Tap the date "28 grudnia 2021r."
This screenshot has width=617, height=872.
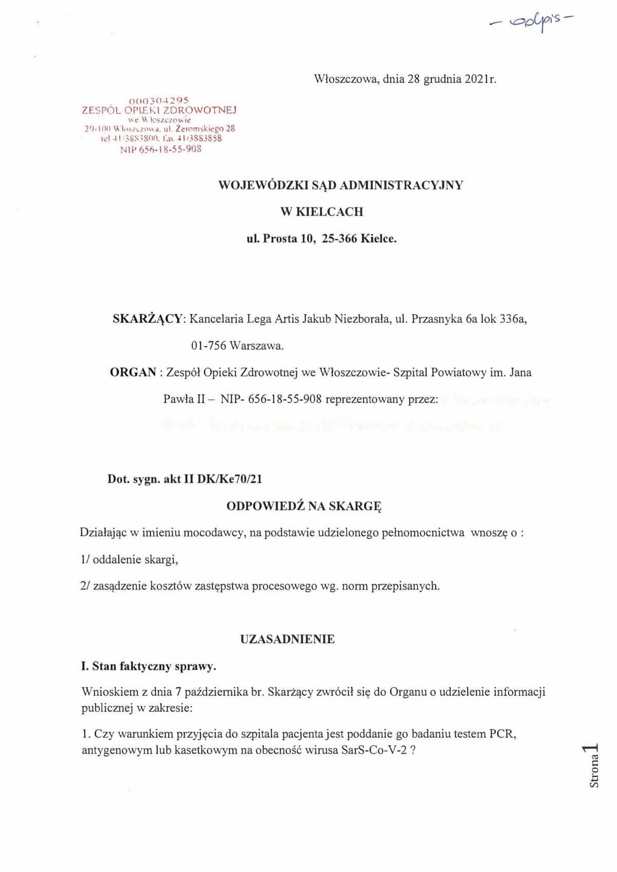click(x=452, y=79)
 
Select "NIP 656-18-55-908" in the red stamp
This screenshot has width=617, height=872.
click(x=160, y=150)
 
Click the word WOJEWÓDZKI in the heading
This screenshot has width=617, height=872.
click(x=264, y=185)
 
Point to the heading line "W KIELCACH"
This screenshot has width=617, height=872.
click(x=321, y=212)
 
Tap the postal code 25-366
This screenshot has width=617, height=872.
click(x=339, y=239)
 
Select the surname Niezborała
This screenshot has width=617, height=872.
click(x=362, y=319)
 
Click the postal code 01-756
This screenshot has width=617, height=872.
click(x=208, y=346)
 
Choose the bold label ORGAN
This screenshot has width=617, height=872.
click(x=133, y=372)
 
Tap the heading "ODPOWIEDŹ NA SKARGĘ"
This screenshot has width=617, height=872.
click(x=304, y=506)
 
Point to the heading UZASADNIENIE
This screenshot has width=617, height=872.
click(x=287, y=640)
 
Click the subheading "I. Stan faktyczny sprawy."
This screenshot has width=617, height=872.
click(x=149, y=666)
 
